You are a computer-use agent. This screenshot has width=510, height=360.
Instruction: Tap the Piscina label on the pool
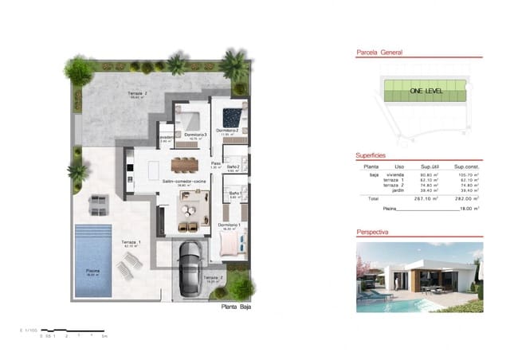(x=94, y=271)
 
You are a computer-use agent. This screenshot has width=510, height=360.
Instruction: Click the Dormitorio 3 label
(x=195, y=135)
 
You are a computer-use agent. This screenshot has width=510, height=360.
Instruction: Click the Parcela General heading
(x=379, y=53)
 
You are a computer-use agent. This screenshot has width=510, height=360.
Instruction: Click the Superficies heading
(x=371, y=155)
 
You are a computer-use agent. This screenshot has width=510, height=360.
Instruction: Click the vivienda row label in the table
(x=396, y=174)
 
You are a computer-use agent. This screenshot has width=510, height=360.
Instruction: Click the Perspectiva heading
(x=373, y=232)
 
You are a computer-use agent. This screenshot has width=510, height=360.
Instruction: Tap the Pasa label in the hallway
(x=215, y=162)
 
